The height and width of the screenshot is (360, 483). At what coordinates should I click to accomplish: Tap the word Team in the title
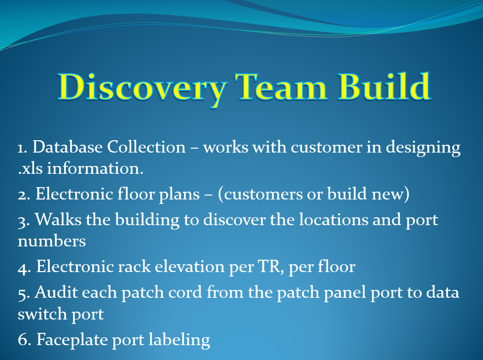point(281,87)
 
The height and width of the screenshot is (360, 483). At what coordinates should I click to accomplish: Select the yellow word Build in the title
point(384,86)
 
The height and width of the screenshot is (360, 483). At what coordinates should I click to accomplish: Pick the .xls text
point(30,168)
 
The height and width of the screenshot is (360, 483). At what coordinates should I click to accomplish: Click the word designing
point(423,148)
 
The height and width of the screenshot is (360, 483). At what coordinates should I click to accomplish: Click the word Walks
point(58,220)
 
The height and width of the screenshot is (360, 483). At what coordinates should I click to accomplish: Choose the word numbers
point(52,241)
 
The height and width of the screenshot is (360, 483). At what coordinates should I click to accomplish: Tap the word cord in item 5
point(183,292)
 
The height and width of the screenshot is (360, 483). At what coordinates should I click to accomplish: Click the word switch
point(42,314)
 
